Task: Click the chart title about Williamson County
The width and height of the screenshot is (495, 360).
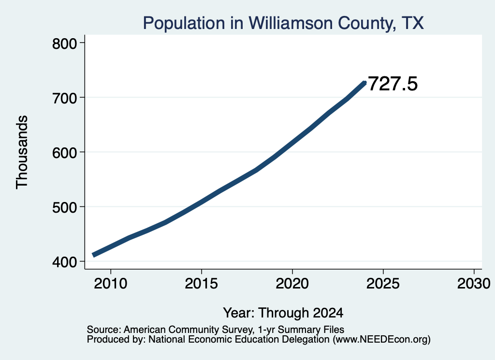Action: pos(283,23)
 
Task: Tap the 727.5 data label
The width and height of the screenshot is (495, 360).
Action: pos(393,84)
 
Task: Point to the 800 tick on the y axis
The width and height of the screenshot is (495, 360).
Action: pos(64,43)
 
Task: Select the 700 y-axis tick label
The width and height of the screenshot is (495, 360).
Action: pos(64,98)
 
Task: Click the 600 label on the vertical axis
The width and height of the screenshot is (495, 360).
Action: pos(64,153)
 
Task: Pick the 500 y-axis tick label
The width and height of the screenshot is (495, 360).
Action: pos(64,207)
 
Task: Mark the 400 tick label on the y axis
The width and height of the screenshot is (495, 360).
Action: pos(64,262)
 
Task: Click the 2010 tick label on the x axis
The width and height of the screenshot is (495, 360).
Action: pos(111,283)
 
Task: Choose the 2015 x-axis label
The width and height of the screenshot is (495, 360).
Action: pos(202,283)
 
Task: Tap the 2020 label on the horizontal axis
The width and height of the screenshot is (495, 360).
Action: pos(292,283)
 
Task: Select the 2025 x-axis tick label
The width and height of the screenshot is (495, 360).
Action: pos(383,283)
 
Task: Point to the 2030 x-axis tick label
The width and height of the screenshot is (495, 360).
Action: pos(474,283)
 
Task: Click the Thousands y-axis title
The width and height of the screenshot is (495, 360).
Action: pos(22,152)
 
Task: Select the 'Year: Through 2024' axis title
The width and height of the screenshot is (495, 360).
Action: pos(283,313)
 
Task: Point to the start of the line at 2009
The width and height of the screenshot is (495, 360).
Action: pos(93,255)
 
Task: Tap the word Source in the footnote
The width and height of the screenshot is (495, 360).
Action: pos(104,330)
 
